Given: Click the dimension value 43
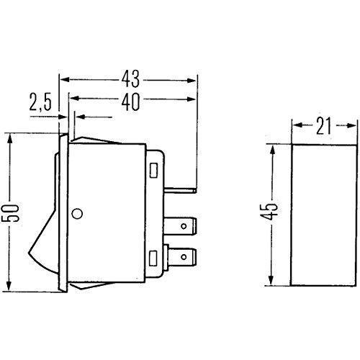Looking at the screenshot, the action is tap(130, 79).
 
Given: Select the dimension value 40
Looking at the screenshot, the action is tap(130, 102).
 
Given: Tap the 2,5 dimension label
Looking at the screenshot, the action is tap(40, 102).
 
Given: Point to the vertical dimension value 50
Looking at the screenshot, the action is tap(10, 213).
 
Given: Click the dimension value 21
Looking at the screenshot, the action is tap(323, 126).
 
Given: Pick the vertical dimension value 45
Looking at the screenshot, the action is tap(269, 212).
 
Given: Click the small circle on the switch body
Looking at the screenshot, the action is tap(77, 213).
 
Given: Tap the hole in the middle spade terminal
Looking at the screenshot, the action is tap(184, 226).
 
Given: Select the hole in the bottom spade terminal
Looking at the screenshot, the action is tap(184, 257).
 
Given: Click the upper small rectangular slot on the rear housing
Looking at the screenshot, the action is tap(153, 171).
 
